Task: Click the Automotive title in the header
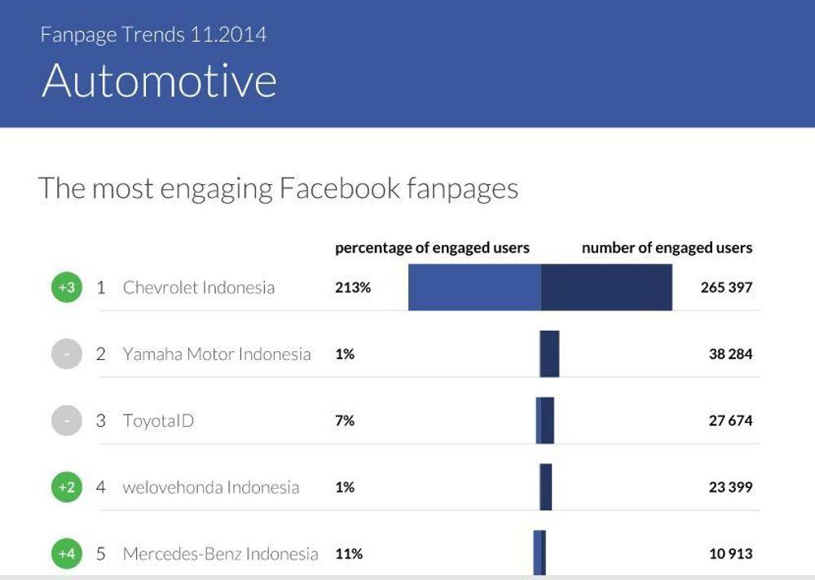pyautogui.click(x=159, y=81)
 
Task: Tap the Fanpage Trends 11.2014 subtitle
pyautogui.click(x=153, y=35)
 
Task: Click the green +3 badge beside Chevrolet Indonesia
pyautogui.click(x=67, y=288)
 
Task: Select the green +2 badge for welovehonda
pyautogui.click(x=67, y=487)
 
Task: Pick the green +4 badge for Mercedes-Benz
pyautogui.click(x=67, y=554)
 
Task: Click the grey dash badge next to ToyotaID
pyautogui.click(x=67, y=420)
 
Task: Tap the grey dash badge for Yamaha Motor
pyautogui.click(x=67, y=354)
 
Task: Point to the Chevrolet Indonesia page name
pyautogui.click(x=199, y=288)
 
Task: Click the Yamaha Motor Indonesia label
pyautogui.click(x=217, y=354)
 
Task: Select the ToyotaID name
pyautogui.click(x=158, y=421)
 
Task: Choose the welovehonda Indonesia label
pyautogui.click(x=211, y=487)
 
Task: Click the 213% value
pyautogui.click(x=352, y=288)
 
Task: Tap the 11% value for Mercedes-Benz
pyautogui.click(x=349, y=554)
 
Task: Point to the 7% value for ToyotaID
pyautogui.click(x=345, y=421)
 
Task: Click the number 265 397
pyautogui.click(x=726, y=288)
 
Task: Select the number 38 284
pyautogui.click(x=731, y=354)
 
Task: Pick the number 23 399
pyautogui.click(x=731, y=487)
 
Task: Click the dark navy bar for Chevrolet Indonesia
pyautogui.click(x=606, y=288)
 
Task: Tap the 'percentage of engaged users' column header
pyautogui.click(x=432, y=248)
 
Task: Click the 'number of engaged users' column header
pyautogui.click(x=667, y=248)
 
